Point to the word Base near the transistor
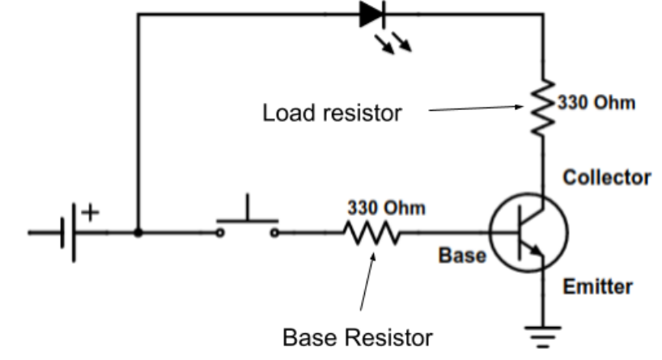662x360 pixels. [461, 256]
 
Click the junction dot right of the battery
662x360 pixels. [139, 233]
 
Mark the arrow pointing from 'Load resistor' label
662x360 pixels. [477, 108]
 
